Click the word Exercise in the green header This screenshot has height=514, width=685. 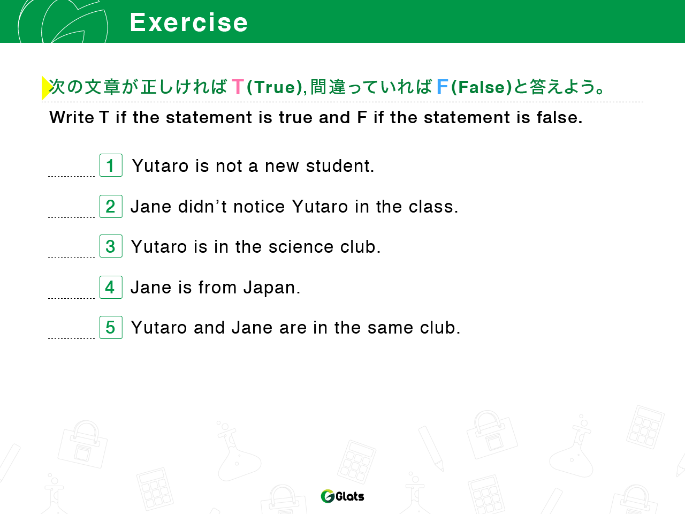pyautogui.click(x=188, y=22)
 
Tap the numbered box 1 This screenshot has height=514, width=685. pyautogui.click(x=111, y=165)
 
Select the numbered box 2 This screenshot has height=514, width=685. pyautogui.click(x=111, y=206)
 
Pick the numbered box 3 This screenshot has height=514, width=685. pyautogui.click(x=111, y=246)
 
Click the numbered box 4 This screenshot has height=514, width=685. pyautogui.click(x=111, y=287)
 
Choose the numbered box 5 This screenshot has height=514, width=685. pyautogui.click(x=111, y=327)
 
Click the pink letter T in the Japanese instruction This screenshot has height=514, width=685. pyautogui.click(x=238, y=86)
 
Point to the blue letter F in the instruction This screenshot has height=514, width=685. pyautogui.click(x=443, y=86)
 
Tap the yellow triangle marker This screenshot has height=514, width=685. pyautogui.click(x=47, y=88)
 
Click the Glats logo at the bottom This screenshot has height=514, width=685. pyautogui.click(x=342, y=496)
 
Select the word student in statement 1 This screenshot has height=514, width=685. pyautogui.click(x=339, y=166)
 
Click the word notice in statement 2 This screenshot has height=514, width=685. pyautogui.click(x=259, y=207)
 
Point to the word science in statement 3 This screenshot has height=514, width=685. pyautogui.click(x=301, y=247)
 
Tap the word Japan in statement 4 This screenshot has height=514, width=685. pyautogui.click(x=271, y=288)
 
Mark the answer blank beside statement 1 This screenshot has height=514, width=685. pyautogui.click(x=72, y=176)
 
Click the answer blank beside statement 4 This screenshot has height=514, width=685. pyautogui.click(x=72, y=298)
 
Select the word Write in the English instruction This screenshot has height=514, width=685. pyautogui.click(x=72, y=118)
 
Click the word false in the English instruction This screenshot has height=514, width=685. pyautogui.click(x=559, y=117)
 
